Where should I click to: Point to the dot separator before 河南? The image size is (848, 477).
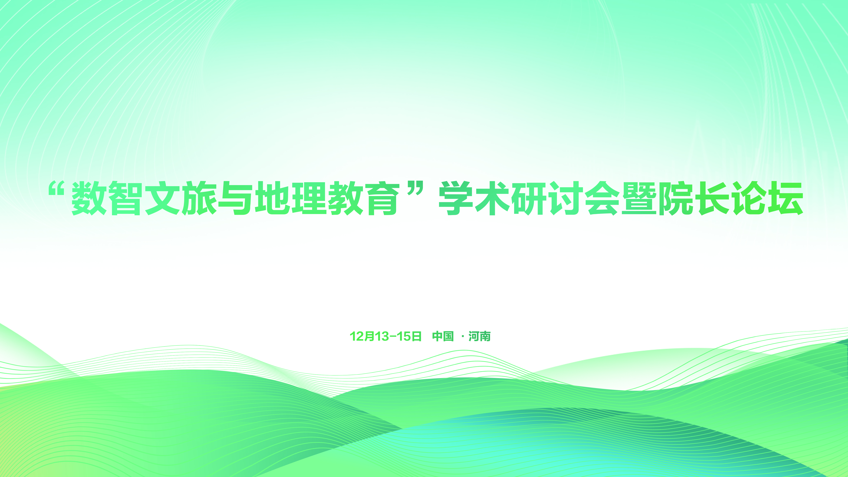[x=463, y=337]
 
